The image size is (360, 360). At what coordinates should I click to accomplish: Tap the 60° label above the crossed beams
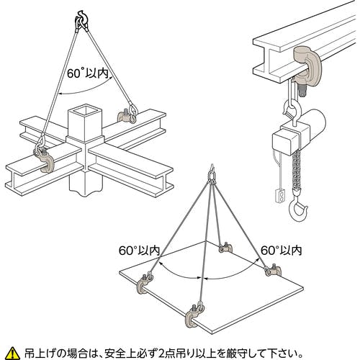point(87,73)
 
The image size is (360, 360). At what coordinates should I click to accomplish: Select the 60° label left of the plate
point(139,251)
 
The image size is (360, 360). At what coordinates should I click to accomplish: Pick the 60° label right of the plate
point(281,251)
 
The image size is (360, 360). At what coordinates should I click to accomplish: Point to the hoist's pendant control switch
point(280,195)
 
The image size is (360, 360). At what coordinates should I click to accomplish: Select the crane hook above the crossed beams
point(81,20)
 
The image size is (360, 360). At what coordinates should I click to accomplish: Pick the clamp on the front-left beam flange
point(44,160)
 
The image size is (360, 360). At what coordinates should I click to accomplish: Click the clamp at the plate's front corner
point(194,315)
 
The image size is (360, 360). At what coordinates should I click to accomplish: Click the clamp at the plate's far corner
point(225,248)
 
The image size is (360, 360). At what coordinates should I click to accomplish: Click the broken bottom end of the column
point(86,192)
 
